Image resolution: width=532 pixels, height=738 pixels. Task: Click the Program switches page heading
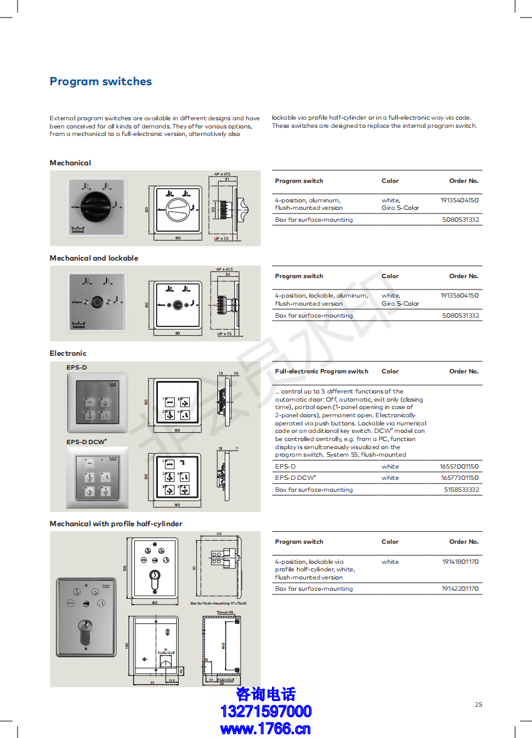[x=100, y=81]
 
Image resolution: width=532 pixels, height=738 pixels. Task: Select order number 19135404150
[x=459, y=200]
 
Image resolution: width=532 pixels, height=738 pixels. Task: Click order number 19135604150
[x=459, y=295]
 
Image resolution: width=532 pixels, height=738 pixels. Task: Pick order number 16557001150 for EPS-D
[x=459, y=467]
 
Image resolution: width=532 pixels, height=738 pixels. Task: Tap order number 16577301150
[x=459, y=478]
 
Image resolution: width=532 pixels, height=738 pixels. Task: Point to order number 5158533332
[x=461, y=490]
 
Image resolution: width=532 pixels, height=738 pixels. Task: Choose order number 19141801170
[x=460, y=562]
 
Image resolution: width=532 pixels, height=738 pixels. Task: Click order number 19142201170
[x=460, y=589]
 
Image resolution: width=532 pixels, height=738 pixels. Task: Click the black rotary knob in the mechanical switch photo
[x=91, y=203]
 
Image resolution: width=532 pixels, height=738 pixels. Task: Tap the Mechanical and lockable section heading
[x=94, y=258]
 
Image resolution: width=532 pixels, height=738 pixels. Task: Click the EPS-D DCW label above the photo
[x=86, y=442]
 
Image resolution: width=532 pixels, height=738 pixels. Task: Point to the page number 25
[x=479, y=705]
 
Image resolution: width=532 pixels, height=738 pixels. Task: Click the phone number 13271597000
[x=266, y=712]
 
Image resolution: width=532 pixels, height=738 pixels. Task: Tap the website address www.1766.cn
[x=266, y=729]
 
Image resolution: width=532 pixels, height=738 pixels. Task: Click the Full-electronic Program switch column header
[x=321, y=372]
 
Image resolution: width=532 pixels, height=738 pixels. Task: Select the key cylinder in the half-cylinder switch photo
[x=85, y=627]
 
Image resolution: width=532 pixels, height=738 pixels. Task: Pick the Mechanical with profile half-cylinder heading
[x=116, y=524]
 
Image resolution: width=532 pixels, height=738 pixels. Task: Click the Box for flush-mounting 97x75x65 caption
[x=218, y=603]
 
